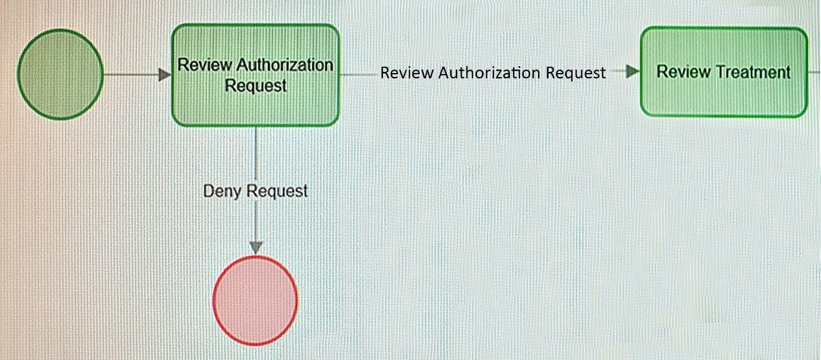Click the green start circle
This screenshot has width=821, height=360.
coord(60,74)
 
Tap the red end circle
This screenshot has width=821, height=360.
coord(255,301)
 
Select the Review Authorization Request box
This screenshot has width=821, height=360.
coord(255,75)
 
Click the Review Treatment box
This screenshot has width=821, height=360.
coord(724,72)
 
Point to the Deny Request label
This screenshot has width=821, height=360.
coord(255,191)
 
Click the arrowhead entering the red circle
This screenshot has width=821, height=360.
coord(256,248)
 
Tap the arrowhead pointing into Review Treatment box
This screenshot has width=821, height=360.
coord(632,71)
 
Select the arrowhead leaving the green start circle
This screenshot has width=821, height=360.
coord(164,75)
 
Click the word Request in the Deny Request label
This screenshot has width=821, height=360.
coord(277,191)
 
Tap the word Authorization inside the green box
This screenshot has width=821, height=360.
coord(285,65)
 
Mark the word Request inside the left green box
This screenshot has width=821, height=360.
coord(255,86)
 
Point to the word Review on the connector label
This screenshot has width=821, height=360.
coord(407,72)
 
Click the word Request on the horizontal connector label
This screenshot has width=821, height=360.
coord(576,73)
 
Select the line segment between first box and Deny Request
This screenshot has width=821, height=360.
coord(255,154)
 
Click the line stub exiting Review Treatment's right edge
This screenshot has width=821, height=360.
coord(814,72)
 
